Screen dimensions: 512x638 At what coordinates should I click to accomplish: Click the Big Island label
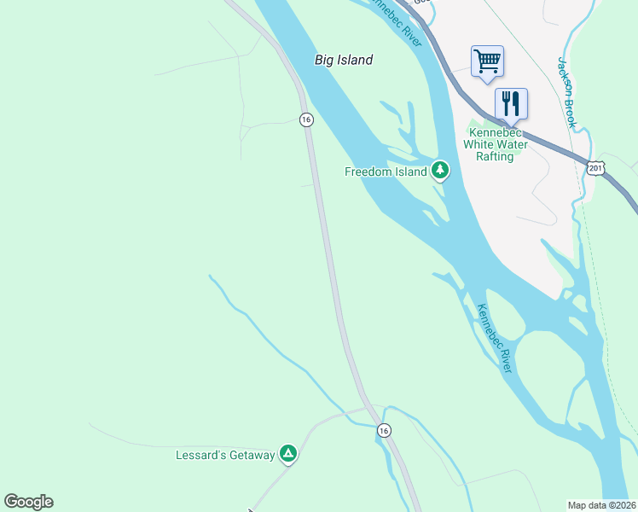click(x=344, y=60)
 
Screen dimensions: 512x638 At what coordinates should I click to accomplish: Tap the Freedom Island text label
click(x=386, y=172)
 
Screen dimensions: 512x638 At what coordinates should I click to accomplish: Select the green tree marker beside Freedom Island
click(x=440, y=171)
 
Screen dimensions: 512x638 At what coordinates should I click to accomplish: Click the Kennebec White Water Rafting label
click(x=495, y=144)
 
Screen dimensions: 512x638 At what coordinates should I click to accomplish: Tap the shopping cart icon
click(x=487, y=61)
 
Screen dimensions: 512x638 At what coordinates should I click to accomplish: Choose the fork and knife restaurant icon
click(x=511, y=103)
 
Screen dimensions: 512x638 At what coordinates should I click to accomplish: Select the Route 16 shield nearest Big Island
click(x=305, y=119)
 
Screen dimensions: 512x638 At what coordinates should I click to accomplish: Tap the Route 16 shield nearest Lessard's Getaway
click(x=385, y=431)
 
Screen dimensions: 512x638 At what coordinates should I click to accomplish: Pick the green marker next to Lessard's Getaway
click(x=289, y=454)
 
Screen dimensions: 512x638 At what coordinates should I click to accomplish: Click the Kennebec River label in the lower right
click(x=494, y=338)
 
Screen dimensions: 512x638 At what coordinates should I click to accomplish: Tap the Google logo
click(x=28, y=502)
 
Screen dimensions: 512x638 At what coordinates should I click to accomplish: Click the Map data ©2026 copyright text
click(x=600, y=505)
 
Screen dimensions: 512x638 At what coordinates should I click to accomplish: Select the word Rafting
click(x=495, y=156)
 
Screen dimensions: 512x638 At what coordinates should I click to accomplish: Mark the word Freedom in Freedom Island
click(x=368, y=172)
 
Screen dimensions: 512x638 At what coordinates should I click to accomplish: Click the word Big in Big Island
click(x=324, y=60)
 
